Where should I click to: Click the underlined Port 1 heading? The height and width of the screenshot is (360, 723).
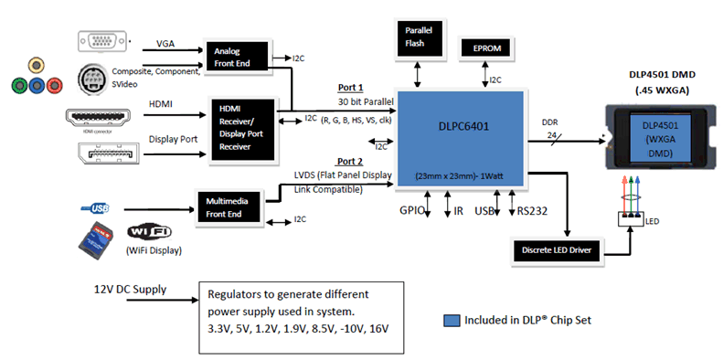[x=351, y=88]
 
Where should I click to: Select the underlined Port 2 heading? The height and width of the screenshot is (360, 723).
[x=351, y=161]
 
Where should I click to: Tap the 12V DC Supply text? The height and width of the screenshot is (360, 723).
[x=131, y=290]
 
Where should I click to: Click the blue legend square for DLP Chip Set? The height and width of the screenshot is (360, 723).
[x=450, y=320]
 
